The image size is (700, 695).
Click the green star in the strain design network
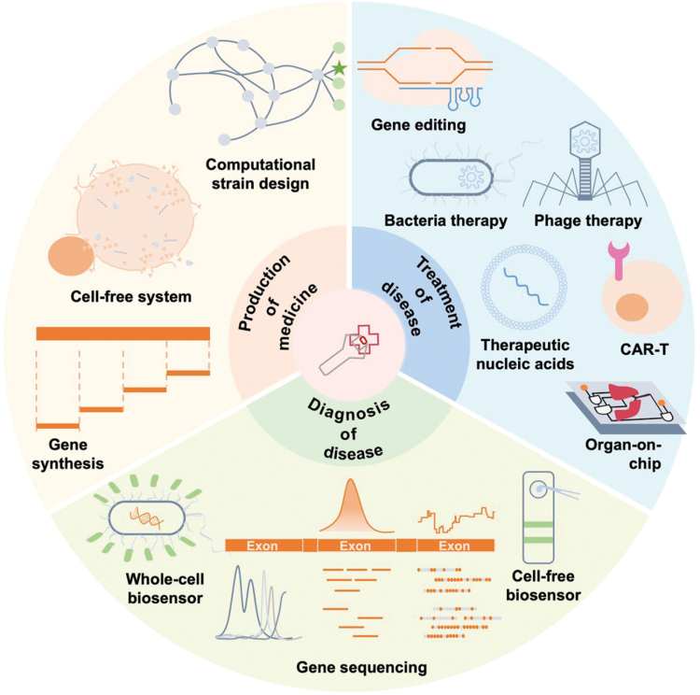[338, 68]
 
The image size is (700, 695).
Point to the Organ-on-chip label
[618, 452]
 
